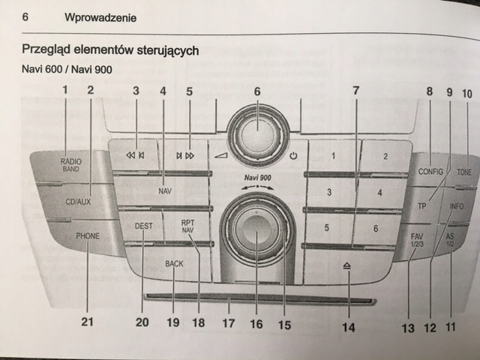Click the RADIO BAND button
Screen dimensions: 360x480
[x=71, y=164]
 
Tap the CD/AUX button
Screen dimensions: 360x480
[x=77, y=201]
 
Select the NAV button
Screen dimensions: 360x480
[x=166, y=191]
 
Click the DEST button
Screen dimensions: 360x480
[x=143, y=225]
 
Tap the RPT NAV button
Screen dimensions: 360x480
[x=187, y=226]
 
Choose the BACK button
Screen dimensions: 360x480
[x=174, y=264]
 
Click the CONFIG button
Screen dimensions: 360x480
[x=431, y=171]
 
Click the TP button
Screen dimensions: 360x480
[x=422, y=205]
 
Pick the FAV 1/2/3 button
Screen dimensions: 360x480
[x=417, y=240]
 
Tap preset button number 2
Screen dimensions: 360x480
[x=385, y=157]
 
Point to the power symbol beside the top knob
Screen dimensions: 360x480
[x=293, y=157]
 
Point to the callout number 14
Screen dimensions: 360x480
[x=347, y=327]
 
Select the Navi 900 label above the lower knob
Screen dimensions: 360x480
[x=256, y=178]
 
